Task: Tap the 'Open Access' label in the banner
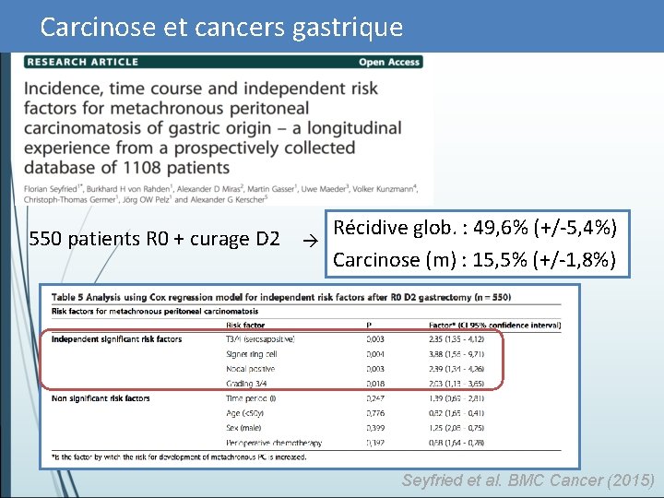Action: pos(389,62)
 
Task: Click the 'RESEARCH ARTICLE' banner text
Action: pos(82,62)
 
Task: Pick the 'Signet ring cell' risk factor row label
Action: pos(252,354)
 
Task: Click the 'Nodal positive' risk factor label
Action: pos(250,369)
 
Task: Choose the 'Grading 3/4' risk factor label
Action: pos(246,384)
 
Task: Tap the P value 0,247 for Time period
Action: pos(375,398)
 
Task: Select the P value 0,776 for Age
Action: pos(375,413)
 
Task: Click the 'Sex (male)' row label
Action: pos(244,428)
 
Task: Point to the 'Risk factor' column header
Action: pos(244,325)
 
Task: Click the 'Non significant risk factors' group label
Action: pos(101,398)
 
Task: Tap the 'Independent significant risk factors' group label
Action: pos(116,339)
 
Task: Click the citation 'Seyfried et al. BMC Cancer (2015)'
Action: pos(528,480)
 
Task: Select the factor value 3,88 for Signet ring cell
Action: pos(439,354)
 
